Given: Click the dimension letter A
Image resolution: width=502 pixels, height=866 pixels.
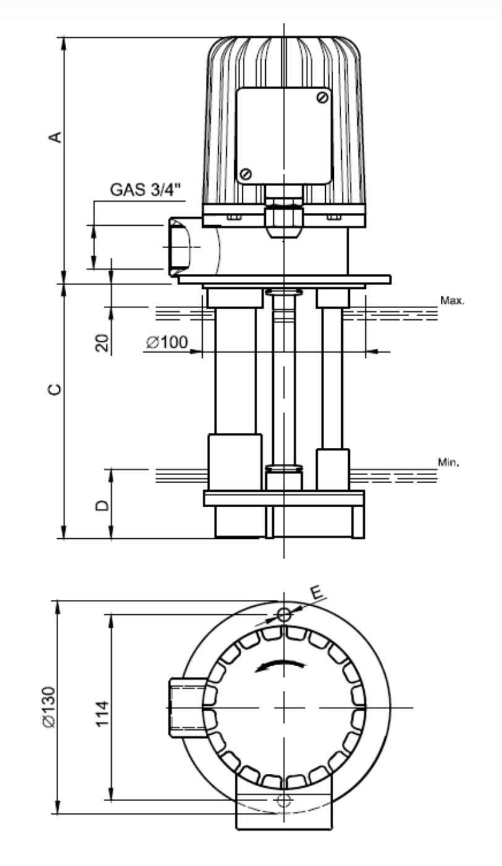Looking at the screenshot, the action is click(56, 137).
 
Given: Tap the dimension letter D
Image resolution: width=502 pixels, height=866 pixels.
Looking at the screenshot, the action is click(102, 505).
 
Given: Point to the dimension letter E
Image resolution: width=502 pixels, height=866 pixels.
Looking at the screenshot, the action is click(317, 593).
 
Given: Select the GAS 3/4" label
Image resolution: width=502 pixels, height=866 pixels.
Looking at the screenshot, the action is click(145, 189).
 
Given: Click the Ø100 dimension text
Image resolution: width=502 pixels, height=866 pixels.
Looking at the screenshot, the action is click(167, 342).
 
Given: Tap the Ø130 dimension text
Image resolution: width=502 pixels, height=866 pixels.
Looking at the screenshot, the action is click(49, 707).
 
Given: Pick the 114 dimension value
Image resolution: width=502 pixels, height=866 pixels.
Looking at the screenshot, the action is click(103, 714).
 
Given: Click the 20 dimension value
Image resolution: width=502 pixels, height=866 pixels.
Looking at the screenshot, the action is click(103, 343).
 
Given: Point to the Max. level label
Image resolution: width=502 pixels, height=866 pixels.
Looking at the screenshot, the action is click(452, 301).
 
